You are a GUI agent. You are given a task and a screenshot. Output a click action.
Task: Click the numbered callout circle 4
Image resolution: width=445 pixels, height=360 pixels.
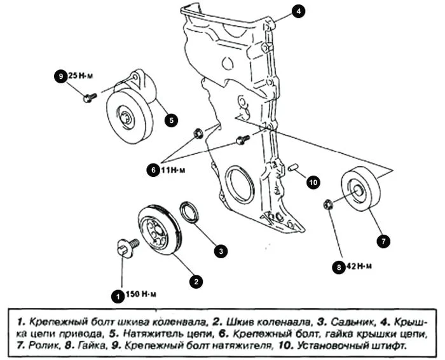[x=299, y=11]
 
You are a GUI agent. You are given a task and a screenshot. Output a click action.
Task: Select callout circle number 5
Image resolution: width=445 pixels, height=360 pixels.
[x=172, y=118]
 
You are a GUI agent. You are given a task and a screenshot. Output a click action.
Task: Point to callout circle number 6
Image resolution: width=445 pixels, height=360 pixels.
[x=153, y=170]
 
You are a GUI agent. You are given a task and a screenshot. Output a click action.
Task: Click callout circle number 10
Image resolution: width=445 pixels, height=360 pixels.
[x=312, y=183]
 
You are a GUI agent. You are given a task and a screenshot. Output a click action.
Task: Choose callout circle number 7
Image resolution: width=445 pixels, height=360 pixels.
[x=383, y=241]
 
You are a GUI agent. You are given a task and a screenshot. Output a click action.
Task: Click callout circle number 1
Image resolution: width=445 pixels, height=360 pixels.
[x=117, y=294]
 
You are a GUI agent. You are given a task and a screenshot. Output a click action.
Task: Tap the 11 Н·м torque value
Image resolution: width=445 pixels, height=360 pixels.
[x=174, y=170]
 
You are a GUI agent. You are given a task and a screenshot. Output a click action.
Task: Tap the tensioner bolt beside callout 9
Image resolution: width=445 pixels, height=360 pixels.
[x=89, y=97]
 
